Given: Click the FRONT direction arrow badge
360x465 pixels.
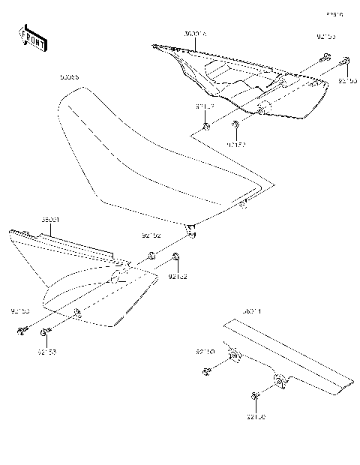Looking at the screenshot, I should [x=32, y=37].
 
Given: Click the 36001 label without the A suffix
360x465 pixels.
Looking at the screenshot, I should [x=29, y=220].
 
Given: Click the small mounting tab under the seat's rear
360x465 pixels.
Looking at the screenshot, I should [x=192, y=229].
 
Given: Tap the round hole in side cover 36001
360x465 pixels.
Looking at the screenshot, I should [x=115, y=280].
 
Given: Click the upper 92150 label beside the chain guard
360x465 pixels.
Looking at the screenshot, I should [x=205, y=351].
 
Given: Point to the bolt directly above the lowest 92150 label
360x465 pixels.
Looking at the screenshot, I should [x=256, y=395].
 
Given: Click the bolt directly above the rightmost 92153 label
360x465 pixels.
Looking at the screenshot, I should [x=346, y=61].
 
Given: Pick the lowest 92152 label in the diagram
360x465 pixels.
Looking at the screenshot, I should [x=177, y=277].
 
